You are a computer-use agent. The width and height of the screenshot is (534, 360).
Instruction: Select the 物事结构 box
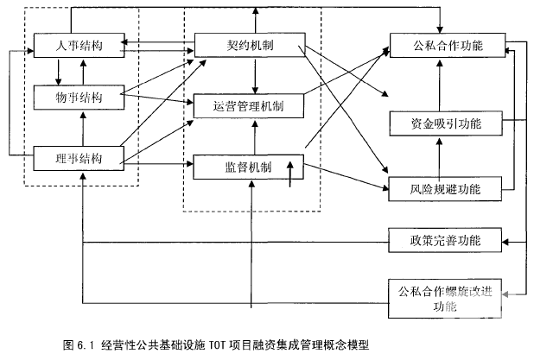pos(78,98)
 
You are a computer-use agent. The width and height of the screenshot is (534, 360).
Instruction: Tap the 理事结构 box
pos(78,158)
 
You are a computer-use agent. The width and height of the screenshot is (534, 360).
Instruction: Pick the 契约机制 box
pos(250,45)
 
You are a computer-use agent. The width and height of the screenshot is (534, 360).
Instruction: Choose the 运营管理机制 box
pos(250,106)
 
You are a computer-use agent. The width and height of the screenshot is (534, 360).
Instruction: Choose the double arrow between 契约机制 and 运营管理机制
pos(256,75)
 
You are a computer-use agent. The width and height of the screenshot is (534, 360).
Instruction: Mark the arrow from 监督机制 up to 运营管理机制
pos(252,136)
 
